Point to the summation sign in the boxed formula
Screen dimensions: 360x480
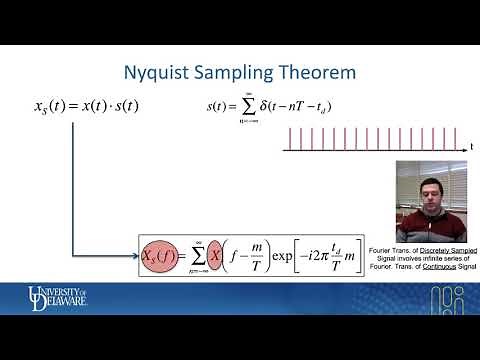tap(194, 256)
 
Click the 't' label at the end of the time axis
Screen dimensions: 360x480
tap(471, 147)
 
